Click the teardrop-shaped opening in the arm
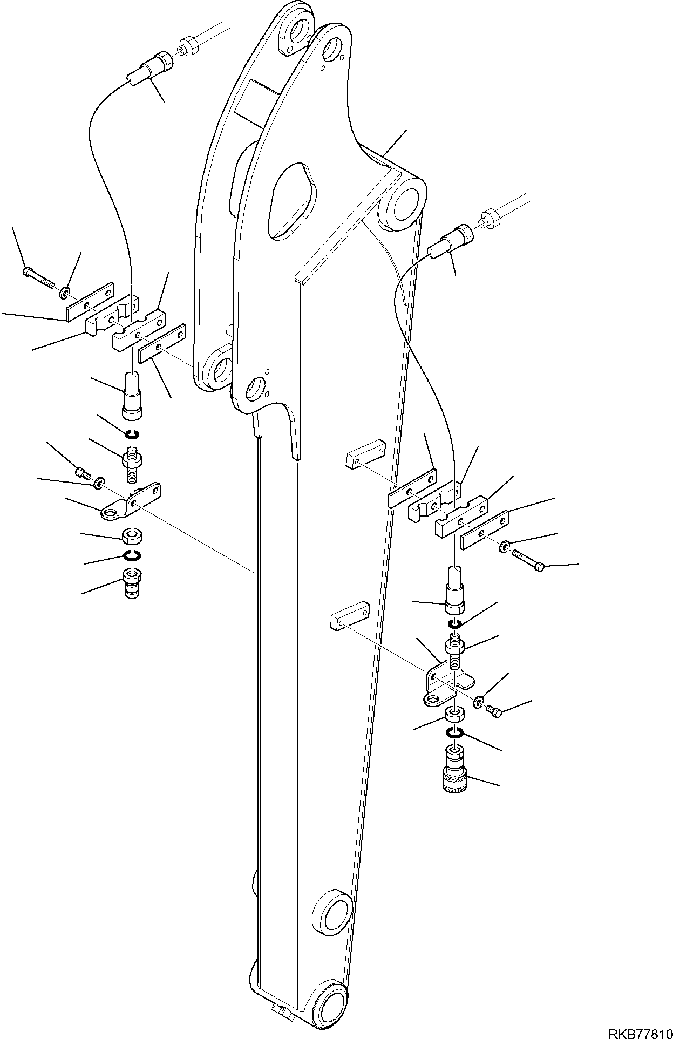coord(292,199)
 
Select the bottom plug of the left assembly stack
coord(132,583)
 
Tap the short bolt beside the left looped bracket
coord(83,473)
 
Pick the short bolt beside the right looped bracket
coord(494,712)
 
